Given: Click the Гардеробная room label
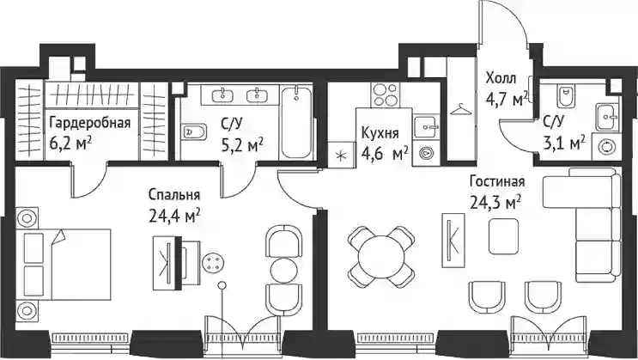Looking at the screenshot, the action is (x=90, y=123).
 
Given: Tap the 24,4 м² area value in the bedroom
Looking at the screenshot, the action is (x=174, y=215).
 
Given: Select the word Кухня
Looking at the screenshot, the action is (x=380, y=133).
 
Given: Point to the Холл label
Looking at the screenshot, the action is (x=501, y=77).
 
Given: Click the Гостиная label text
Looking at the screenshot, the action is (x=497, y=181).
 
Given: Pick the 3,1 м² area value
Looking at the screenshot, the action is (x=564, y=143).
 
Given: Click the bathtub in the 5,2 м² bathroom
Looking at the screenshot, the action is (x=296, y=122).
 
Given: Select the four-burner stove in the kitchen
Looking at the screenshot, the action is (x=385, y=95).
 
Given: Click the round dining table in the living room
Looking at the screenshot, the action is (x=381, y=258).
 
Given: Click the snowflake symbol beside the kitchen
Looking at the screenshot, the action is (x=341, y=156).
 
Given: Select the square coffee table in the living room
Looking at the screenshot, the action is (x=504, y=235).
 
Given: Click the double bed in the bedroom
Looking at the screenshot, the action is (x=64, y=265).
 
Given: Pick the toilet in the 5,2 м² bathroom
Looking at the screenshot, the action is (x=193, y=132).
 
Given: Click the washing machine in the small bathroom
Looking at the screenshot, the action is (x=606, y=147).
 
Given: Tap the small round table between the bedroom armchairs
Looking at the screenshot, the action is (x=283, y=269).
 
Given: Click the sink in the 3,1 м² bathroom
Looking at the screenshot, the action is (x=607, y=117).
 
